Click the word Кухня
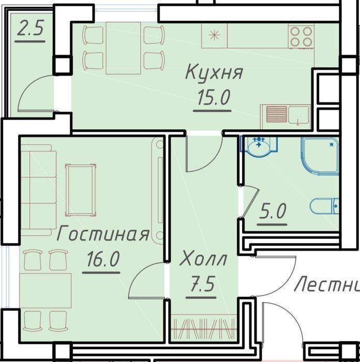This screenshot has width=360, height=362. coord(214,73)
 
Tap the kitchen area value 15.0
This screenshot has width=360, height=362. coord(214,97)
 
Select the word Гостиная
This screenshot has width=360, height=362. coord(103,233)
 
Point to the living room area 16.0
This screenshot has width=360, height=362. coord(103,259)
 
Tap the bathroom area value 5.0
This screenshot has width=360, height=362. coord(273,211)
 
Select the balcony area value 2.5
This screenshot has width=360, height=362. coord(30,28)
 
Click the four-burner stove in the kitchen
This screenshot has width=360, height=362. coord(301,36)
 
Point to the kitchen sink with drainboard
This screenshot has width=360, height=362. coord(286,116)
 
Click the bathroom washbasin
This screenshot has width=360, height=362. coord(259,146)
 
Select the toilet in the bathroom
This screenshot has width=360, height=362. coord(324,206)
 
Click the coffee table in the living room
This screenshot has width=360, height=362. coord(81,190)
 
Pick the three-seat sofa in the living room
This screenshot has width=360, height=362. coord(39,190)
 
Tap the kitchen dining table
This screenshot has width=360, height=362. coord(123,48)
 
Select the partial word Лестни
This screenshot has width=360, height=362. coord(327,284)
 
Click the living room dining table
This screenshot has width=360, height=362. coord(46,291)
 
